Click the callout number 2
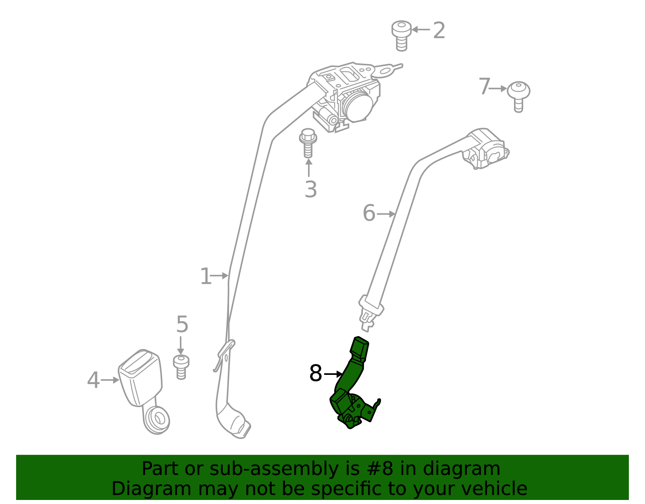click(x=439, y=30)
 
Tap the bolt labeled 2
click(x=401, y=36)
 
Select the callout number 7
click(x=485, y=86)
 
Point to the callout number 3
click(x=311, y=189)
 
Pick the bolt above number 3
click(x=308, y=143)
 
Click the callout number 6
click(x=369, y=213)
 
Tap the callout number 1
click(x=206, y=276)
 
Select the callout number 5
click(x=182, y=324)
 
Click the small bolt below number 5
click(x=181, y=367)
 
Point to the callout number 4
click(x=93, y=380)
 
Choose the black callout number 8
click(x=315, y=374)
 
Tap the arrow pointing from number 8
click(x=333, y=374)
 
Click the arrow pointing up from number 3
click(x=309, y=168)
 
